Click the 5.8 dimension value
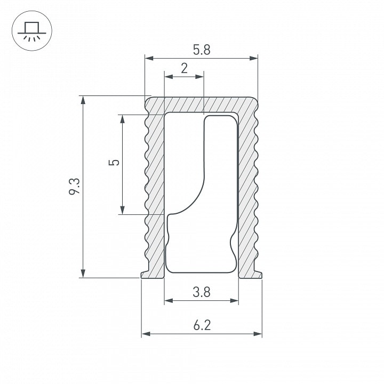202,50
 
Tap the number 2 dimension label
184,68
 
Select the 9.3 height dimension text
74,186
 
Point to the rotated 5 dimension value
114,162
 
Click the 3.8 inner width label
201,292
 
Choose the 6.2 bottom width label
202,325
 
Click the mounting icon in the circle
32,31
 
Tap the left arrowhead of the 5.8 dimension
149,58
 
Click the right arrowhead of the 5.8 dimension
253,58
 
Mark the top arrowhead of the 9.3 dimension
83,100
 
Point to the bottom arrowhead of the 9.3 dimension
83,273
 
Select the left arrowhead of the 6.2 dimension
146,334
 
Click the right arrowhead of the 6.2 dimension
258,334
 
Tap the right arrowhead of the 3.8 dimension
234,300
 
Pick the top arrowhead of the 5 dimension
123,119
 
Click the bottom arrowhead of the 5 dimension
123,210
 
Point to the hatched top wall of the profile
201,105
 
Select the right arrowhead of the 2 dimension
199,77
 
